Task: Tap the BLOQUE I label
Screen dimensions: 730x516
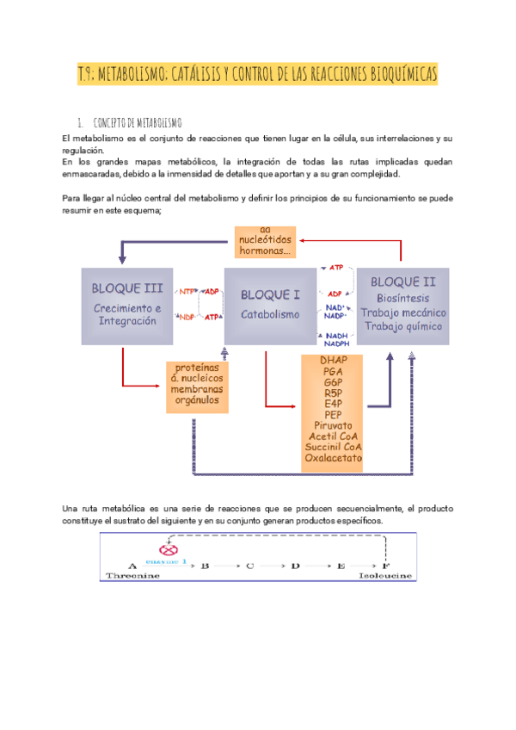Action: click(x=271, y=294)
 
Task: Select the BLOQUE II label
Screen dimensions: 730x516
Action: click(x=402, y=281)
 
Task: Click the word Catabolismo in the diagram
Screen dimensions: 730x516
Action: click(x=271, y=314)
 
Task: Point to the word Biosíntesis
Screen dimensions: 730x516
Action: click(x=402, y=298)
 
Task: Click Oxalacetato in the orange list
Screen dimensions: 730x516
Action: click(x=333, y=458)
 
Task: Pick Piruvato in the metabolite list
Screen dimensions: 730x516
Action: click(x=333, y=425)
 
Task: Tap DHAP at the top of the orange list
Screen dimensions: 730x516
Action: click(x=333, y=359)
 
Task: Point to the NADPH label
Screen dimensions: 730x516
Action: click(x=338, y=344)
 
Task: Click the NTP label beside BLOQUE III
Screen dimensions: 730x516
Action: click(x=187, y=291)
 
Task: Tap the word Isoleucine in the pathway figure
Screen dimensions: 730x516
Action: click(x=385, y=576)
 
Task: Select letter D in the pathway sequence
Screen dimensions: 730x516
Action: click(x=294, y=566)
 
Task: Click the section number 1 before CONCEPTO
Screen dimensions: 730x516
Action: click(x=79, y=122)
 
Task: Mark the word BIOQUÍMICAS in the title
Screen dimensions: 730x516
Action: click(x=392, y=75)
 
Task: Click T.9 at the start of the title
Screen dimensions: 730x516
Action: click(x=85, y=75)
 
